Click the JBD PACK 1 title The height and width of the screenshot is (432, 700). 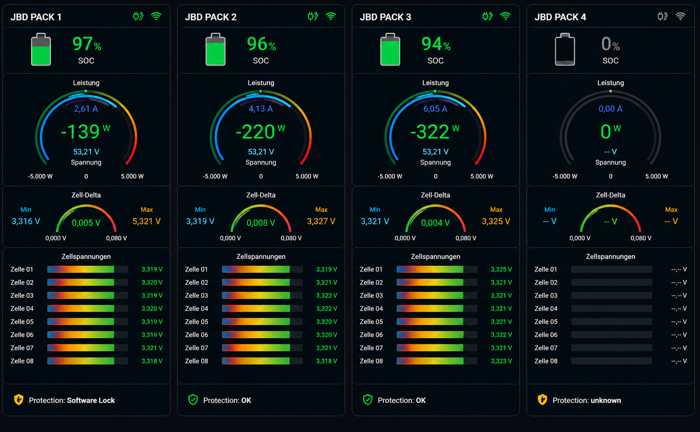tap(36, 17)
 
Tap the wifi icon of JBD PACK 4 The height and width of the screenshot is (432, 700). tap(680, 16)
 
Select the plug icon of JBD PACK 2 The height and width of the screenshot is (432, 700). tap(313, 16)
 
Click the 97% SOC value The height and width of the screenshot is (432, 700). tap(86, 44)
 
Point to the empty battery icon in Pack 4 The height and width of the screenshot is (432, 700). tap(565, 49)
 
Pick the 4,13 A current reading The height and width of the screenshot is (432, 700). tap(261, 109)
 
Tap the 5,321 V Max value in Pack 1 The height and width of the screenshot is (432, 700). tap(146, 221)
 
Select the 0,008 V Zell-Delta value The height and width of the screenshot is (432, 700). tap(261, 222)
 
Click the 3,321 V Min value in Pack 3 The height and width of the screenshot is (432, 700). tap(375, 221)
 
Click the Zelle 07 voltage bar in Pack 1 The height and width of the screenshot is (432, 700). tap(88, 348)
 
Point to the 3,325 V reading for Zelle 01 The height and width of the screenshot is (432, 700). tap(501, 269)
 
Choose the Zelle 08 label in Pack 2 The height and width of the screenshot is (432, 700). tap(196, 361)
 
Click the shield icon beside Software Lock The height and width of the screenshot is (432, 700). tap(19, 400)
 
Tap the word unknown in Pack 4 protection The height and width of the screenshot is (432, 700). tap(606, 400)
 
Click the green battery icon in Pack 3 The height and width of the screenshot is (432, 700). tap(390, 49)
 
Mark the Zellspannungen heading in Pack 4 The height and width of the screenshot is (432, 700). tap(610, 257)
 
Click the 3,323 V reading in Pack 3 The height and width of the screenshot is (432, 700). tap(501, 361)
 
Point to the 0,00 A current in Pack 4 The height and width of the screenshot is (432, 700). tap(610, 109)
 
